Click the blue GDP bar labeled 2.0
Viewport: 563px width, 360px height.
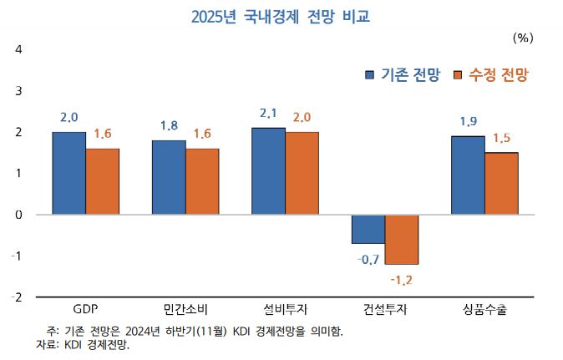[68, 173]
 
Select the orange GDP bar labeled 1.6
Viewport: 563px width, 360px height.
[102, 181]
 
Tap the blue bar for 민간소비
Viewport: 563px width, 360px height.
[169, 177]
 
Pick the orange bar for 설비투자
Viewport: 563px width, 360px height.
[302, 173]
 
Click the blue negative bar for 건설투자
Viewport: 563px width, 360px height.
[368, 229]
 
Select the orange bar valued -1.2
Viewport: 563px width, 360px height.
[402, 239]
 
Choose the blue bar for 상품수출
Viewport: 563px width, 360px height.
[468, 175]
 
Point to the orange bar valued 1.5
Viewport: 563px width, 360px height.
[501, 183]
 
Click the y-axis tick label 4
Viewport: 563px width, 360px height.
[18, 49]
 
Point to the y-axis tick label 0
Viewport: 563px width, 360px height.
[18, 215]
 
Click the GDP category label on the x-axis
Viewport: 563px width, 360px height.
[85, 310]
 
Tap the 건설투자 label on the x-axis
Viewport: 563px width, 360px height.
[385, 310]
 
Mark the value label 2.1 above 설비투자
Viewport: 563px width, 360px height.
[269, 113]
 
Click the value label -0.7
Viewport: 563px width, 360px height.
[368, 259]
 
